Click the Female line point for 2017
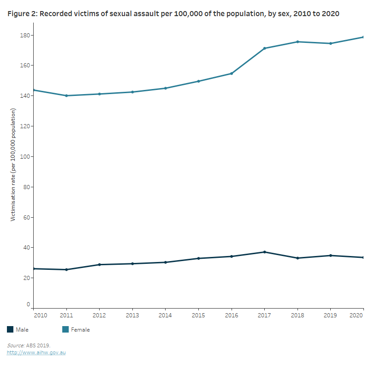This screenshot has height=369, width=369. point(264,48)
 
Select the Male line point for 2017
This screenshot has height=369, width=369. point(264,252)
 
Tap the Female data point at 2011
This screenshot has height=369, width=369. point(66,95)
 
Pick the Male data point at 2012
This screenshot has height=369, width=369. point(100,264)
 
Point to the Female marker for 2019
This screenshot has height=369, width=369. point(330,43)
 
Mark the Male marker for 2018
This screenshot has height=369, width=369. point(298,258)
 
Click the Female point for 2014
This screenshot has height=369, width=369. point(166,88)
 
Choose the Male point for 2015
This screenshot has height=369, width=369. point(198,258)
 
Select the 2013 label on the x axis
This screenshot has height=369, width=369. point(132,315)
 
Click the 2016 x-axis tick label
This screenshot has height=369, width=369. point(231,315)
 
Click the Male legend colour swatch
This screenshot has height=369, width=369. point(10,329)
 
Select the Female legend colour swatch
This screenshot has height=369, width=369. point(65,329)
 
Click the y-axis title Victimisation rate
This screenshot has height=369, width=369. point(13,164)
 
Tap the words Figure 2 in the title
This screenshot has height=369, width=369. point(22,14)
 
